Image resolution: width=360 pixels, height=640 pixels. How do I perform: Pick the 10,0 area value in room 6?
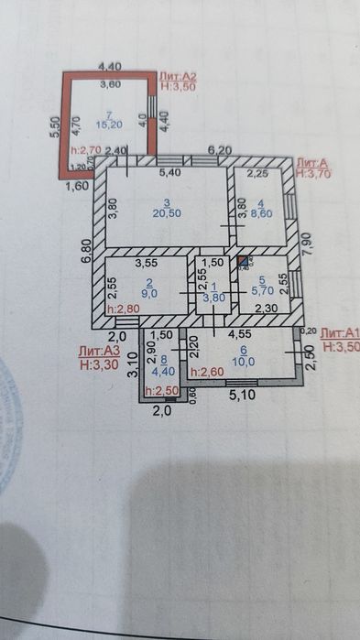tap(244, 361)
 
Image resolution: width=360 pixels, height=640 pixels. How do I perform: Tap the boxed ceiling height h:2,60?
tap(207, 372)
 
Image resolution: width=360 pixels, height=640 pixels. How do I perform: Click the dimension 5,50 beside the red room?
tap(55, 125)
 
